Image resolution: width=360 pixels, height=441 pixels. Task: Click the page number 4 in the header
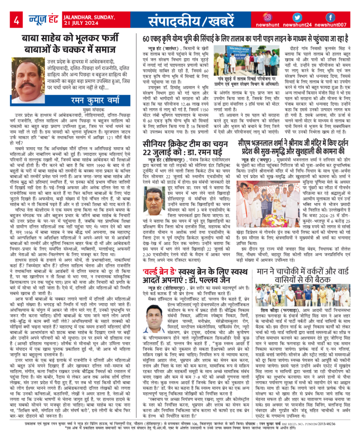tap(16, 21)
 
